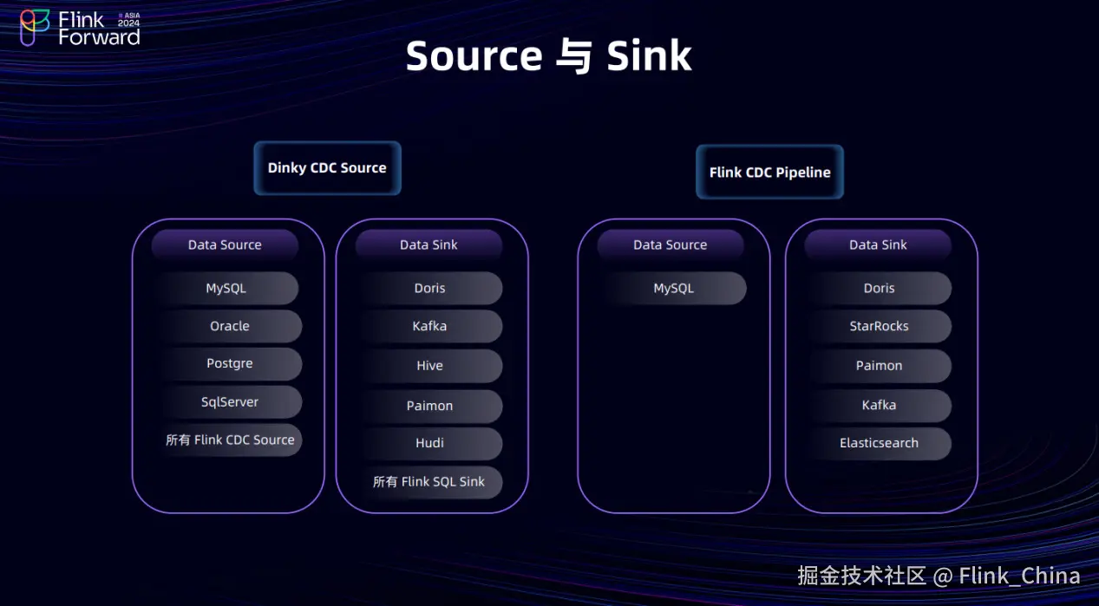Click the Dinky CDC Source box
pos(327,168)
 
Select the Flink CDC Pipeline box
pos(769,172)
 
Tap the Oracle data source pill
pos(230,326)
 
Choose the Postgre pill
pos(230,364)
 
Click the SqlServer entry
pos(230,402)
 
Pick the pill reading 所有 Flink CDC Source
pos(230,440)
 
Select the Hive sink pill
pos(430,366)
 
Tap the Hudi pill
pos(430,443)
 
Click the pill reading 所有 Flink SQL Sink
pos(430,482)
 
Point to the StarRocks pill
pos(879,327)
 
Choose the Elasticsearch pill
pos(879,443)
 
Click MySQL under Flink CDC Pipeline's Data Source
pos(674,289)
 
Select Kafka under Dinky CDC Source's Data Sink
pos(430,327)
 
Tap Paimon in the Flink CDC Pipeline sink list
pos(879,366)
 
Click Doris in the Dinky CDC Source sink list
pos(430,289)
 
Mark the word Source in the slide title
pos(474,56)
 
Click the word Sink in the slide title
pos(649,56)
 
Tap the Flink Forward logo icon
pos(35,27)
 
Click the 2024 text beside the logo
pos(128,24)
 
